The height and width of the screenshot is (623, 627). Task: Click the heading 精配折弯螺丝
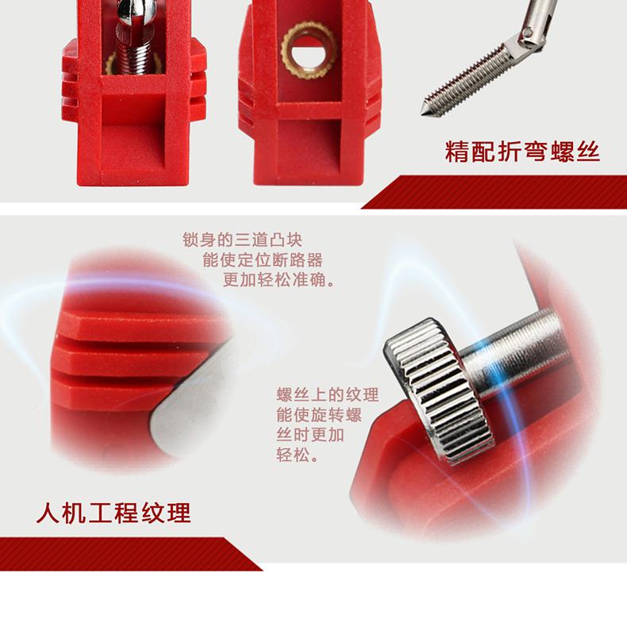coord(522,152)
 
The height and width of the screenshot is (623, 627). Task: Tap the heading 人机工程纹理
coord(113,513)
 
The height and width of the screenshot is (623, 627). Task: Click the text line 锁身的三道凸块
coord(242,240)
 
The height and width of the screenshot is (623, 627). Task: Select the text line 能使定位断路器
coord(263,260)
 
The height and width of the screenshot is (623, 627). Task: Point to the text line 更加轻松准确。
coord(279,280)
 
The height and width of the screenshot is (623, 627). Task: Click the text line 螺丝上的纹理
coord(328,394)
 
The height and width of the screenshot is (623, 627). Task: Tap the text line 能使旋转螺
coord(319,414)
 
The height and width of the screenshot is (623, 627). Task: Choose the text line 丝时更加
coord(310,435)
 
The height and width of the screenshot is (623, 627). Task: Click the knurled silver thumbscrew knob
coord(439,390)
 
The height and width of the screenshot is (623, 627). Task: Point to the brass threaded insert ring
coord(308,50)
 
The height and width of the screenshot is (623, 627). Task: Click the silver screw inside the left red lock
coord(136,37)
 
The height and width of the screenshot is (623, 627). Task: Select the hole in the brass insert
coord(308,50)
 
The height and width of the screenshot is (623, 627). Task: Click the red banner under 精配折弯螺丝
coord(494,192)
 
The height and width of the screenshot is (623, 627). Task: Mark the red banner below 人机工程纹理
coord(131,554)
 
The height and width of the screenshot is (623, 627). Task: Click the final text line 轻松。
coord(298,455)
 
